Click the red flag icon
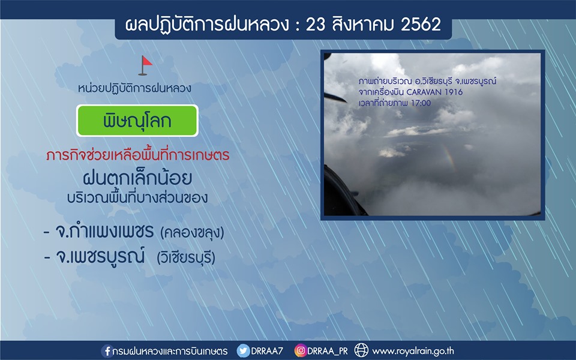145,65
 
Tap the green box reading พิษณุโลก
137,121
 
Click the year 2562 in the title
421,25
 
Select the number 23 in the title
315,25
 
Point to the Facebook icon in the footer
107,351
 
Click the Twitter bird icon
243,351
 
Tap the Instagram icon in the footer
301,350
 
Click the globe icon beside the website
361,350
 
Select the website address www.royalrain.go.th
413,351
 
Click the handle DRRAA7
267,351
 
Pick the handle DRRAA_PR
328,351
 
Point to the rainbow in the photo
449,158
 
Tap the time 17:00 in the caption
421,103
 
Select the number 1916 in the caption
454,92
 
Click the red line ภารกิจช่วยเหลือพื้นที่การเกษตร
138,155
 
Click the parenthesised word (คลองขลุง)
192,233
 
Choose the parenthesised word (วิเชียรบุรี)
186,257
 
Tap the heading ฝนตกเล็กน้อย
137,178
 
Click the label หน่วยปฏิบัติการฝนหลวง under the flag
134,89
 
